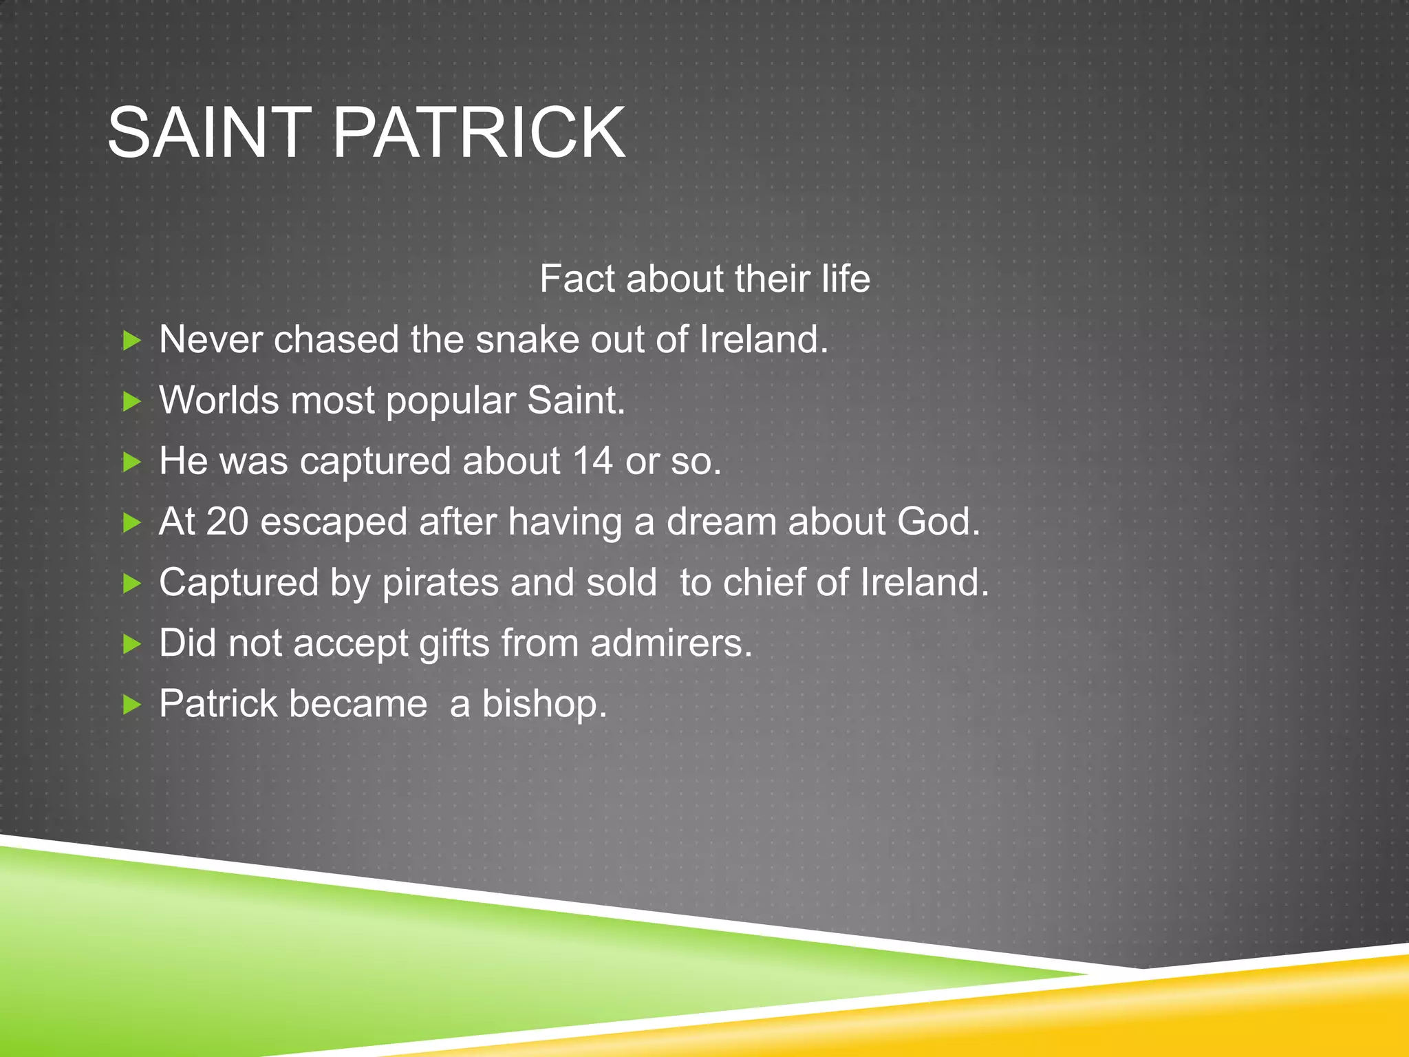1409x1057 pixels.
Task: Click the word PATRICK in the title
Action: click(x=479, y=133)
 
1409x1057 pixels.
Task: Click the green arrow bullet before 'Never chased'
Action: click(x=131, y=340)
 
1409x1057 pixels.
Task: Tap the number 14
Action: click(x=592, y=461)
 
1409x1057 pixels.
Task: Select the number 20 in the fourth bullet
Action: click(x=227, y=522)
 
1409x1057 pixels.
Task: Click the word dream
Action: click(x=722, y=522)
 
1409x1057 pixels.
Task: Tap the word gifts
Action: click(x=454, y=644)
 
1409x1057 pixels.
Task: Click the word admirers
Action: click(x=671, y=643)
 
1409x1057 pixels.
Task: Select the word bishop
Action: click(x=544, y=705)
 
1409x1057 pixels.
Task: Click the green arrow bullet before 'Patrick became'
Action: click(x=131, y=705)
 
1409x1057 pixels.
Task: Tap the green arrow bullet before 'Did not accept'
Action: click(x=131, y=644)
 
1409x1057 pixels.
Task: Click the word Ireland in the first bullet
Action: click(x=763, y=340)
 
